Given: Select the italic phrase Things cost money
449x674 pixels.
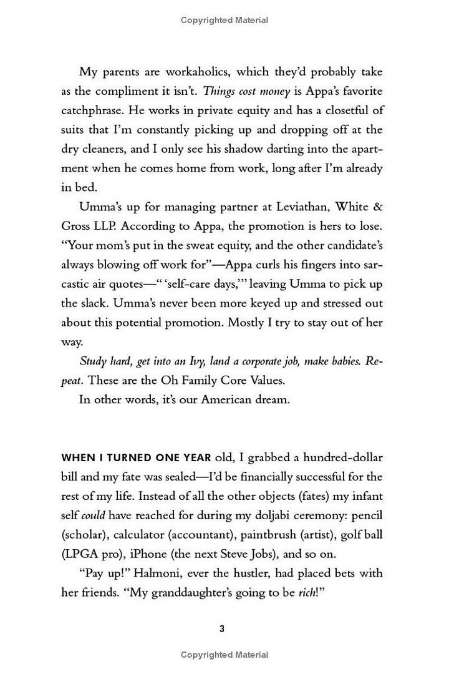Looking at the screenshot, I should pyautogui.click(x=246, y=91).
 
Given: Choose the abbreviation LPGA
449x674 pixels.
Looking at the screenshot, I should pyautogui.click(x=77, y=554).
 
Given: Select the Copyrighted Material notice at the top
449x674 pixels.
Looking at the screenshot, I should pyautogui.click(x=224, y=21).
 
